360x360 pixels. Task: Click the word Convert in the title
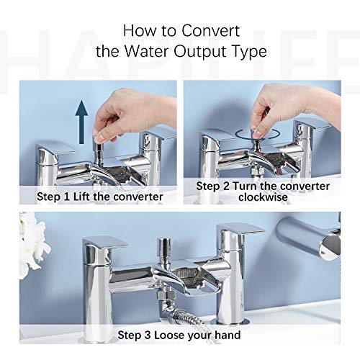point(210,31)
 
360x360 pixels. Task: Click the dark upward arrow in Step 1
point(81,122)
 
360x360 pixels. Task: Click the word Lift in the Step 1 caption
point(81,197)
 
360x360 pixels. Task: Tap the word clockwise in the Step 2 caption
point(263,197)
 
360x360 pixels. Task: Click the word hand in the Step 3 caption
point(228,335)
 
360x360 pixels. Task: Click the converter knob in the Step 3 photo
point(163,247)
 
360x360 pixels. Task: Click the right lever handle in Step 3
point(240,230)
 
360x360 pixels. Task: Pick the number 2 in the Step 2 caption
point(226,186)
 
